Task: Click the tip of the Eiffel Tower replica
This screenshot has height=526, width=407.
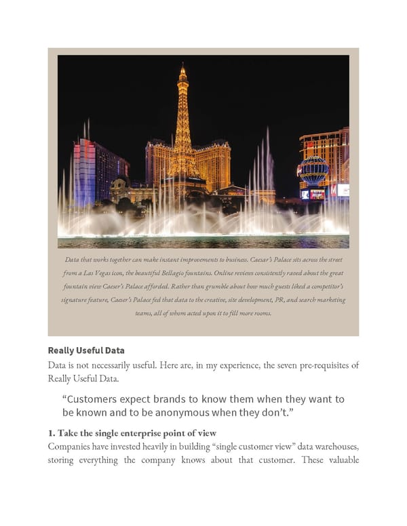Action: tap(182, 65)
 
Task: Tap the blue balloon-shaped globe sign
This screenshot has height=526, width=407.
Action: tap(313, 169)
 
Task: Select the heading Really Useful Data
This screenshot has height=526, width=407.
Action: tap(86, 350)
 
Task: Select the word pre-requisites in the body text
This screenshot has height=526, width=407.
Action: tap(314, 365)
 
